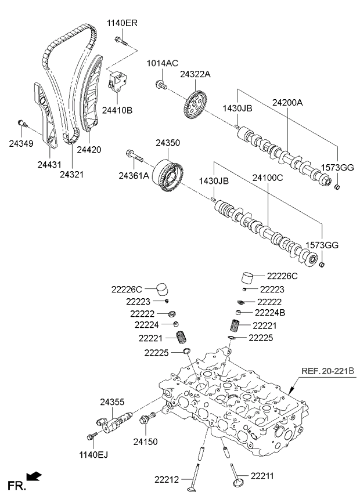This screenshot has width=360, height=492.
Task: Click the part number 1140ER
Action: click(122, 23)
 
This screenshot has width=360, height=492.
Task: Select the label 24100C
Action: click(267, 178)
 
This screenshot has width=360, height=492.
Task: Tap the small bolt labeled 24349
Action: click(21, 122)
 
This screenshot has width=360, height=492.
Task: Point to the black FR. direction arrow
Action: click(35, 477)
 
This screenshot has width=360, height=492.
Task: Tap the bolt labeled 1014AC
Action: click(160, 86)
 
